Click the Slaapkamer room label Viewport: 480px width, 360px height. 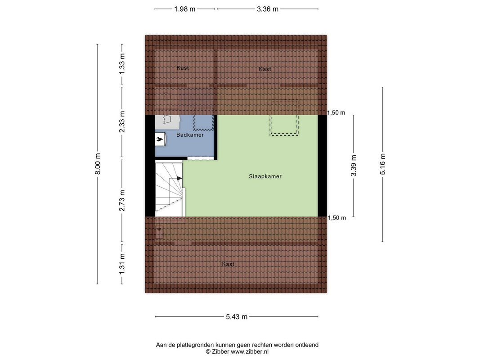265,176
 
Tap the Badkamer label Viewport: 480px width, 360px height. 190,135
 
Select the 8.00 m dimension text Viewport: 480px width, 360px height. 98,164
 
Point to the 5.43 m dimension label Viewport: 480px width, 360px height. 237,317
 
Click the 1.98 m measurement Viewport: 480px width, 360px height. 184,9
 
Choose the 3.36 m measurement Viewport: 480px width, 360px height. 268,9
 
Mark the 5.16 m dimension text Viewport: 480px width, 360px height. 383,164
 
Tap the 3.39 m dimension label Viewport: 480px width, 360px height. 354,166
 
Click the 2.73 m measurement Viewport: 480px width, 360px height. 122,201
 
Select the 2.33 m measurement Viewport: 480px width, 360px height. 122,122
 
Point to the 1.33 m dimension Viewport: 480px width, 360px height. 122,63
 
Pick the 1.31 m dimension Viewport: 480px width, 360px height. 122,264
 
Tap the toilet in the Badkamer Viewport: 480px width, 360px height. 160,139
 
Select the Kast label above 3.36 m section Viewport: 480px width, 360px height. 265,69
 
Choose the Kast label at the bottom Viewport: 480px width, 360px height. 228,264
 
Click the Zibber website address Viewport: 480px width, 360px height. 250,352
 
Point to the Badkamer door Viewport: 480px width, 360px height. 200,158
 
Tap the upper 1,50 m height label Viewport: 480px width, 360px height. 336,112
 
